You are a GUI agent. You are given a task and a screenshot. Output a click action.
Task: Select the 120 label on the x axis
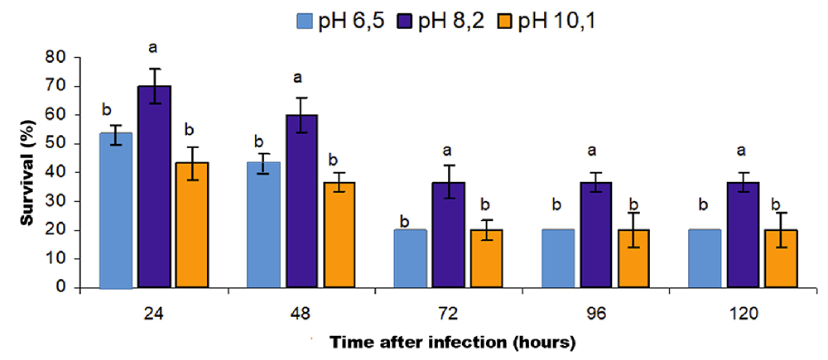pos(742,315)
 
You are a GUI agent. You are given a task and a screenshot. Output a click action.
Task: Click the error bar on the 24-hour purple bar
pos(154,86)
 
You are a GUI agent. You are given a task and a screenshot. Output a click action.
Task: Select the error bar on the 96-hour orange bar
pos(634,230)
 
